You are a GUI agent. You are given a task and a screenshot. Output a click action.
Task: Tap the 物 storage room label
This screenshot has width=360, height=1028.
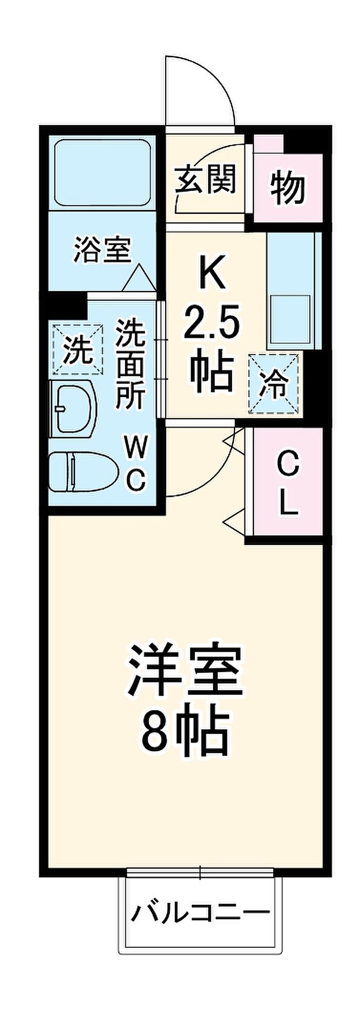pyautogui.click(x=288, y=188)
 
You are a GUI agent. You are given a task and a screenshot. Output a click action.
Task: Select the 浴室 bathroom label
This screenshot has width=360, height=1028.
pyautogui.click(x=103, y=249)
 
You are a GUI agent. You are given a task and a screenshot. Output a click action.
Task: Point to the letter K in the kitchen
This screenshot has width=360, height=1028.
pyautogui.click(x=212, y=273)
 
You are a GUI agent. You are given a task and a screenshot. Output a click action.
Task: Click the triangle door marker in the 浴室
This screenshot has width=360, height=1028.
pyautogui.click(x=138, y=279)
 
